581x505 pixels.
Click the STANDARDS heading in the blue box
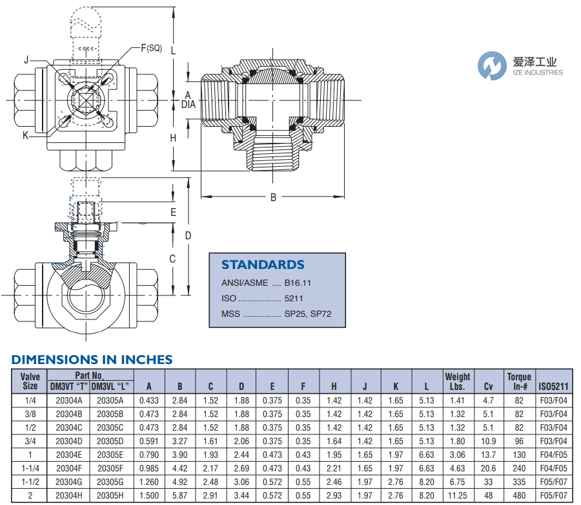[x=263, y=264]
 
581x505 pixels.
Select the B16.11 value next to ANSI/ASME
[x=298, y=283]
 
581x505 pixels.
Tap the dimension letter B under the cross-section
[x=273, y=198]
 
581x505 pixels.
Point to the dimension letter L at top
[x=174, y=50]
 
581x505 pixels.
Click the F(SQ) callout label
[x=152, y=48]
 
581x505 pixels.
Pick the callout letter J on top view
[x=26, y=60]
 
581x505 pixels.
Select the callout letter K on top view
[x=25, y=135]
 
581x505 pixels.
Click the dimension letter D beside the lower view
[x=188, y=235]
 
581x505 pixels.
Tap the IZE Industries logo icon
[x=493, y=66]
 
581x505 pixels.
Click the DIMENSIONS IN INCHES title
[x=92, y=360]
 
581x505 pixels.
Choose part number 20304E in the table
[x=68, y=455]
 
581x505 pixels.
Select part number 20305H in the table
[x=110, y=495]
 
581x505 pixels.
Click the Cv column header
[x=488, y=387]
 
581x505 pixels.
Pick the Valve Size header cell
[x=30, y=381]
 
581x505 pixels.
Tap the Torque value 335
[x=519, y=482]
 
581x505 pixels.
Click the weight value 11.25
[x=457, y=495]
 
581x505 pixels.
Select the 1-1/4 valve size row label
[x=30, y=468]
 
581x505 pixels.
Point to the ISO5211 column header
[x=554, y=387]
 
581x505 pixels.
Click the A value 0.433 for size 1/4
[x=149, y=400]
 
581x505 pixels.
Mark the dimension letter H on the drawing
[x=173, y=138]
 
